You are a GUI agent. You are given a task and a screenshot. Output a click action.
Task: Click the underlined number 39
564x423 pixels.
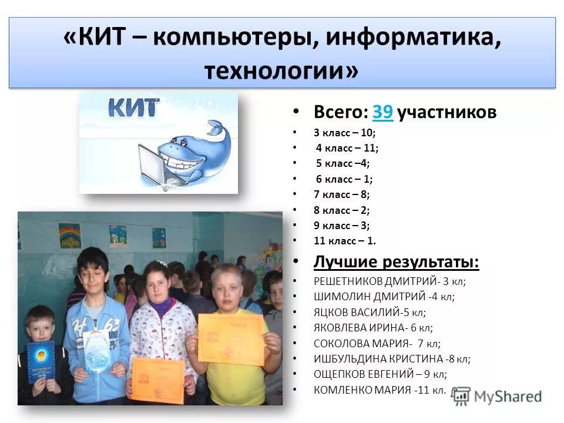pos(382,112)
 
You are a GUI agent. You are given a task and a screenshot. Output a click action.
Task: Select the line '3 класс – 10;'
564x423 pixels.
pos(344,133)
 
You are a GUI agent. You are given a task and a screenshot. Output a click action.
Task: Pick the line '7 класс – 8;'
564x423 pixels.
pos(341,194)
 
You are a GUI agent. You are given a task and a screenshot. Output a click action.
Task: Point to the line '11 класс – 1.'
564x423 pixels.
pos(344,240)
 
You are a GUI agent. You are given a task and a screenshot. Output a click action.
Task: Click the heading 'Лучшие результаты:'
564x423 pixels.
pos(396,262)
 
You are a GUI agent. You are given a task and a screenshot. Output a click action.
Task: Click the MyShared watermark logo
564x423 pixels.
pos(496,396)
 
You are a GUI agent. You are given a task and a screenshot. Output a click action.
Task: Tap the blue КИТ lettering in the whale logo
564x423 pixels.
pos(133,108)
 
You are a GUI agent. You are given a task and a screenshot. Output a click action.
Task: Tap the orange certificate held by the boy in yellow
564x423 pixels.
pos(230,338)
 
